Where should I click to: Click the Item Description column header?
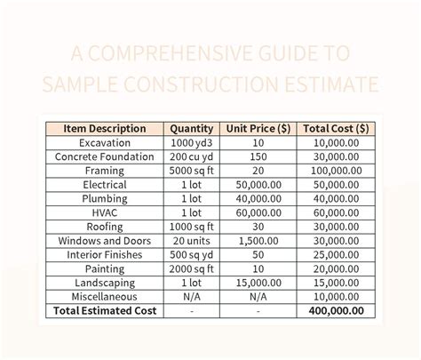tap(105, 127)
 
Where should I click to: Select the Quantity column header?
tap(191, 127)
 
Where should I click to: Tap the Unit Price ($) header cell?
tap(258, 127)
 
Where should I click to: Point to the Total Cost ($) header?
tap(330, 127)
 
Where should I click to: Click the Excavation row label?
tap(105, 142)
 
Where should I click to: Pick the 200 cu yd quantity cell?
tap(191, 156)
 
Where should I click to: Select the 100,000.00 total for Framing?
tap(330, 170)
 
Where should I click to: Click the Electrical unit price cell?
tap(258, 184)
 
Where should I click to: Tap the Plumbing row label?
tap(105, 198)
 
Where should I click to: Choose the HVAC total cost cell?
tap(330, 212)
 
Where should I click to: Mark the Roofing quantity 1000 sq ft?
tap(191, 227)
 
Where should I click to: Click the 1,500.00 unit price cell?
tap(258, 240)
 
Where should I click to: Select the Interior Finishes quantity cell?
tap(191, 254)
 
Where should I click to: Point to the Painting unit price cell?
tap(258, 268)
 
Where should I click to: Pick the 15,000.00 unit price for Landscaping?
tap(258, 283)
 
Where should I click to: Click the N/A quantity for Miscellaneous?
tap(191, 297)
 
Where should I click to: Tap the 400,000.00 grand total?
tap(330, 311)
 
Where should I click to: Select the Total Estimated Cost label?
tap(105, 311)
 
